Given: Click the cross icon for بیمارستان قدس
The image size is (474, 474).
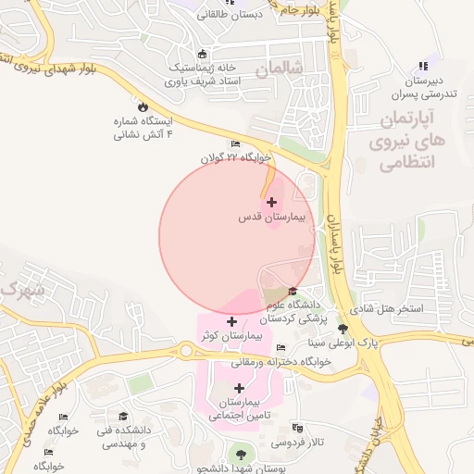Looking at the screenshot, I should click(271, 202).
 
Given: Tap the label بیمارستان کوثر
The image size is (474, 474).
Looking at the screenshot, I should click(231, 336).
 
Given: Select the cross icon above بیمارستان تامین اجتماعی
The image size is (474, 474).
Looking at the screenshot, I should click(241, 388).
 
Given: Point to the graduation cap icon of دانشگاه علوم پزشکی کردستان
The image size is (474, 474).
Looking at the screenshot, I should click(293, 292).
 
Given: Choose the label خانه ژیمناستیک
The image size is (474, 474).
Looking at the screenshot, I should click(203, 68).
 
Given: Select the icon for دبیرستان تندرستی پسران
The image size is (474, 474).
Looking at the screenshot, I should click(424, 66).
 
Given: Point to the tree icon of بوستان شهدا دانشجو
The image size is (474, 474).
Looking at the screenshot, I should click(243, 453).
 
